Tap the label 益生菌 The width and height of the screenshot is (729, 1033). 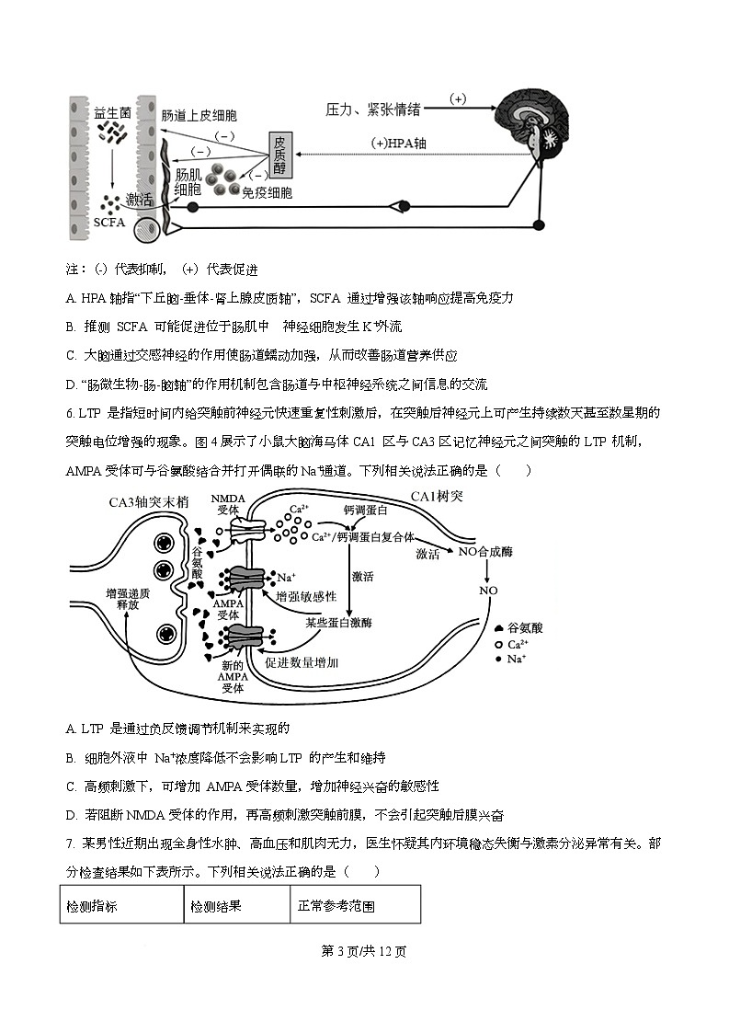coord(112,111)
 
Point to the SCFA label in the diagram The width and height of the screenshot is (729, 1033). coord(110,222)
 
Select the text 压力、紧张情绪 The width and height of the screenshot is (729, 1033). coord(373,109)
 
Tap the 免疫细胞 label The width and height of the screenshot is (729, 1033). coord(267,193)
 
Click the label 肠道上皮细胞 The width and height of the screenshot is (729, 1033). coord(199,115)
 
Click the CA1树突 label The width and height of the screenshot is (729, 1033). coord(437,497)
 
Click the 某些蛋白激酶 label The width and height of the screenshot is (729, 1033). coord(339,623)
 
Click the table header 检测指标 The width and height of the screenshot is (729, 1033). coord(92,906)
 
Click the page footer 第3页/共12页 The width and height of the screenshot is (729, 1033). coord(364,951)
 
